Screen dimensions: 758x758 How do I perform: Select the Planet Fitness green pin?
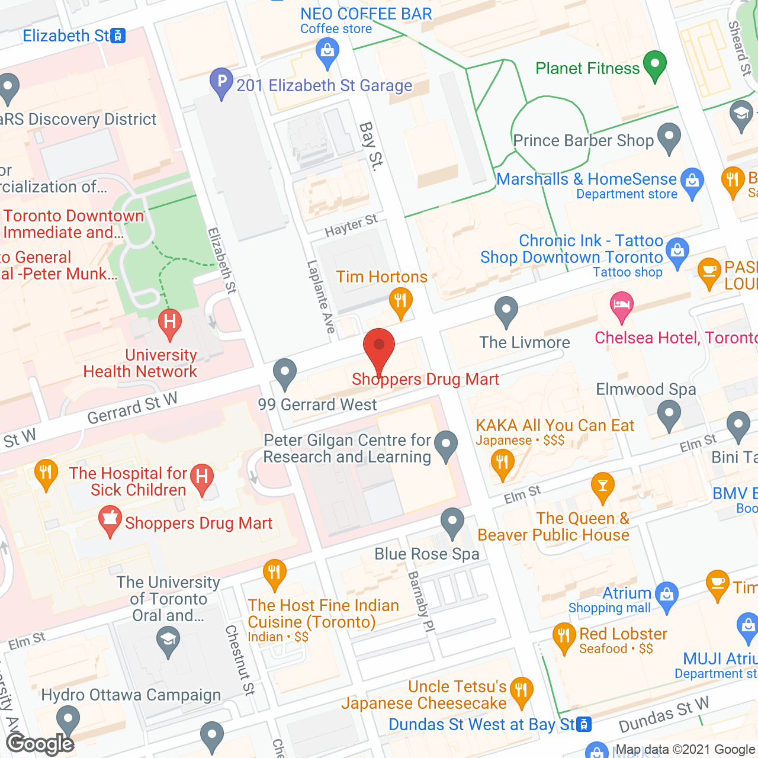coord(655,65)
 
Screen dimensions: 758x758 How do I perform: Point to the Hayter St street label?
coord(351,226)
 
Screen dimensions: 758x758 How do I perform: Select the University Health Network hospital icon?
coord(170,323)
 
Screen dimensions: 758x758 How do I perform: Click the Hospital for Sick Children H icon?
coord(202,477)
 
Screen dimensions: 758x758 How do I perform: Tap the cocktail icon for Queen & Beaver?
coord(602,487)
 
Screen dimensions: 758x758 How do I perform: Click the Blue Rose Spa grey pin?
coord(452,523)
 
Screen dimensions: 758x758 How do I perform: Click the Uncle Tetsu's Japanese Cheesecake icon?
coord(521,691)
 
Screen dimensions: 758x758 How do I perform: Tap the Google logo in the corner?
coord(40,744)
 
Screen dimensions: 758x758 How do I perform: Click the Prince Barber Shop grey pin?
coord(669,137)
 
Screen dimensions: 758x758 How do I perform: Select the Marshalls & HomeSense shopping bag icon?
coord(692,182)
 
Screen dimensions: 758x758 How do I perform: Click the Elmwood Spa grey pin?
coord(669,415)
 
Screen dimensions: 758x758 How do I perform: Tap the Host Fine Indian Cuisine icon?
coord(274,574)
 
